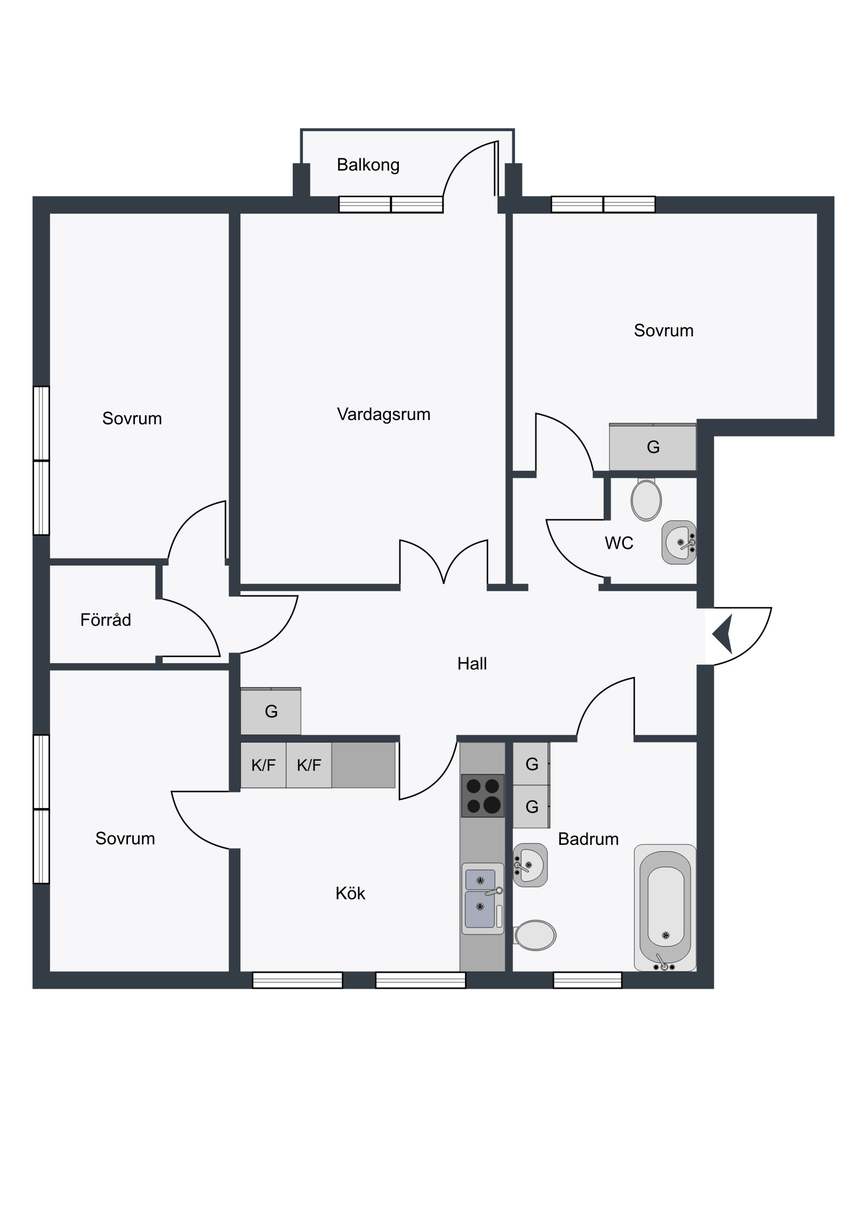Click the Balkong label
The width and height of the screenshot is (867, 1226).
(368, 165)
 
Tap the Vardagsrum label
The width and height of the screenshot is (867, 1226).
(383, 414)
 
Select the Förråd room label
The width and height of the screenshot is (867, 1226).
(106, 619)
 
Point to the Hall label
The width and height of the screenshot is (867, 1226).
(472, 664)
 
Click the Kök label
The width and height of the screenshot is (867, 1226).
(350, 893)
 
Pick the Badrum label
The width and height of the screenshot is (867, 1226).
(588, 839)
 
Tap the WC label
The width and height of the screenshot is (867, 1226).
(619, 543)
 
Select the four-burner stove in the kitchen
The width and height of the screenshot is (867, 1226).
(483, 796)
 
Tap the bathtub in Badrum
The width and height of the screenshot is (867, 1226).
(665, 908)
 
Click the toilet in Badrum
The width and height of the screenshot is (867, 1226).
(535, 935)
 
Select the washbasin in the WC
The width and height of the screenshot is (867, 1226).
(679, 543)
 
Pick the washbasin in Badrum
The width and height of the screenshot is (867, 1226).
(530, 865)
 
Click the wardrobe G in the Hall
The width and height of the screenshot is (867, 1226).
(271, 711)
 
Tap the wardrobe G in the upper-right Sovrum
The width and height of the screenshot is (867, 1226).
(653, 447)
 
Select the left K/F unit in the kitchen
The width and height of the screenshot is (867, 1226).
(263, 765)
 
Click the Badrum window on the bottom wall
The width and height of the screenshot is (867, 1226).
(588, 980)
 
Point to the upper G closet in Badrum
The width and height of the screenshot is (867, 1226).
(532, 763)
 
